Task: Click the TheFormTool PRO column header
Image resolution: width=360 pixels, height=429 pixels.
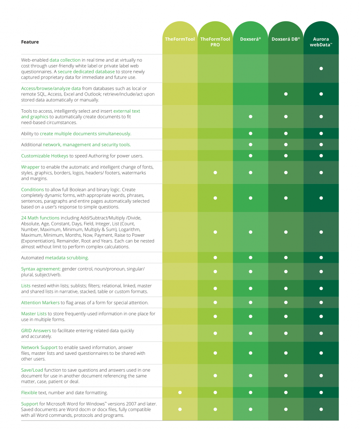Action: [215, 42]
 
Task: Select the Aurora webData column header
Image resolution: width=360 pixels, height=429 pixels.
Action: [321, 42]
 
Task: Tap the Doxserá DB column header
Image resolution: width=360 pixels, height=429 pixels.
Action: [286, 39]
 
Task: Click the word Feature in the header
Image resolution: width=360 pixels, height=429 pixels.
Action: [30, 42]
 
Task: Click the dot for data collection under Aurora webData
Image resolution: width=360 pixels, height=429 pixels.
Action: [321, 68]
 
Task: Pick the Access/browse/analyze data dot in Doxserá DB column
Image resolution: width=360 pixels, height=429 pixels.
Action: [286, 94]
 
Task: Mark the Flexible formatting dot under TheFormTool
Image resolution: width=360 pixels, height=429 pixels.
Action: [180, 393]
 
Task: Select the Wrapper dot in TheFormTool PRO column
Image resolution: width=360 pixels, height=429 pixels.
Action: [215, 172]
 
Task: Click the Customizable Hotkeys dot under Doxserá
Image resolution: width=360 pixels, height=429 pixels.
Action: [250, 156]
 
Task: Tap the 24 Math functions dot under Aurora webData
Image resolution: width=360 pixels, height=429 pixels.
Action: [321, 232]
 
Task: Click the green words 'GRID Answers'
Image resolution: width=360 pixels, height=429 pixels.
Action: [36, 331]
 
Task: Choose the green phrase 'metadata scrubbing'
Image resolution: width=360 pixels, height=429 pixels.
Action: [67, 258]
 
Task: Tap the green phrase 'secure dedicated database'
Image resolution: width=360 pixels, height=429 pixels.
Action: [86, 72]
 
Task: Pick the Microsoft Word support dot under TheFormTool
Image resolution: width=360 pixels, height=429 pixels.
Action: [180, 409]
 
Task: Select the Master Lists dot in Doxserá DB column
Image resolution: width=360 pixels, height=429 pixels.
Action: [286, 316]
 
